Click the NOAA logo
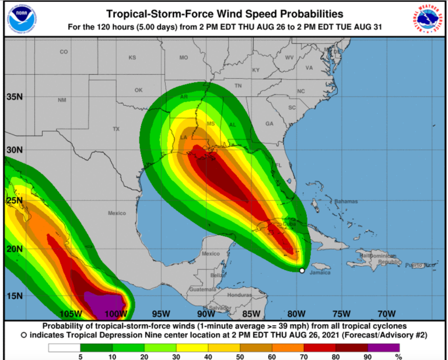click(x=21, y=18)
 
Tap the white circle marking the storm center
click(x=302, y=270)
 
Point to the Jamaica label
click(x=320, y=272)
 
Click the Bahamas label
click(x=346, y=201)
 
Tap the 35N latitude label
click(x=15, y=96)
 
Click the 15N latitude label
click(x=15, y=295)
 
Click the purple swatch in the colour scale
click(x=387, y=348)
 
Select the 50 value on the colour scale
click(x=240, y=356)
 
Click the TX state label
click(x=116, y=128)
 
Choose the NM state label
click(x=62, y=100)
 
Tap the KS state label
click(x=132, y=57)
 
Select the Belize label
click(x=218, y=274)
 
